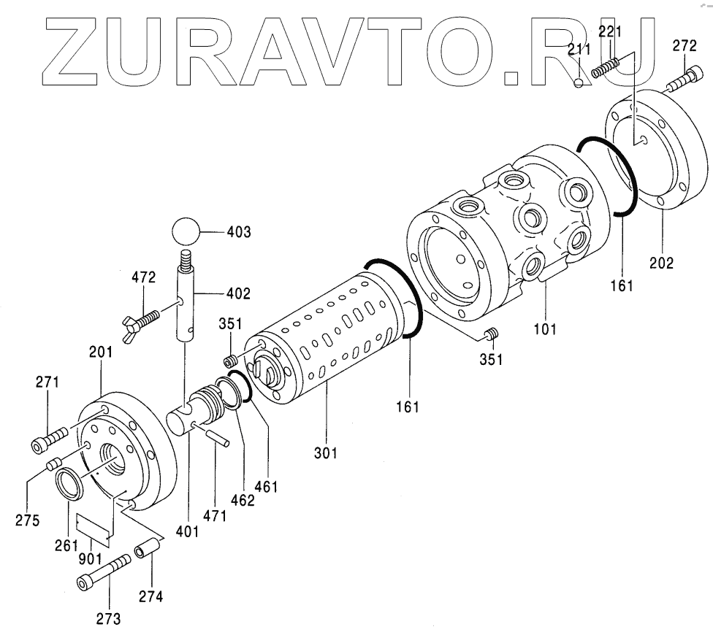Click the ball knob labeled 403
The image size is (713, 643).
pos(187,234)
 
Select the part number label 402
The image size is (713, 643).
pos(238,294)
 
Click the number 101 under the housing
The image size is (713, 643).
pos(544,328)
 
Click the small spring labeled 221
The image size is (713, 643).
pos(606,67)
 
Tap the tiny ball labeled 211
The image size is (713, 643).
pos(578,82)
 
